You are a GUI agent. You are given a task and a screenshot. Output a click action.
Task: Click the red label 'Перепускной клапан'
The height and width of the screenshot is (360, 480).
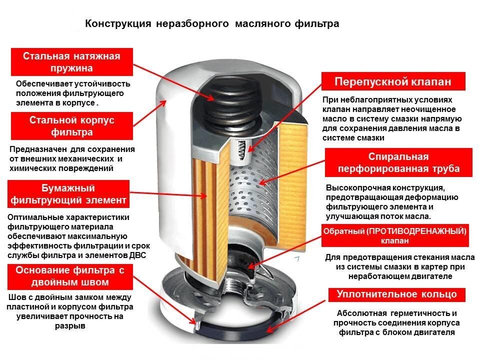pos(392,81)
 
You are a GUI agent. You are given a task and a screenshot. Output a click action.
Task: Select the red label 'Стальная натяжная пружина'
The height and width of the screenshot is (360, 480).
pos(71,62)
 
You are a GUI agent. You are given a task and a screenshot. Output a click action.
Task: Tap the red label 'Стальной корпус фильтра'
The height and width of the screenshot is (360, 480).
pos(71,126)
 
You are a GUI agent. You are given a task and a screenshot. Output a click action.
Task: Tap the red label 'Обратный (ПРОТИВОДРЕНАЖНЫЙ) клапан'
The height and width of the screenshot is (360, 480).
pos(395,235)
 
